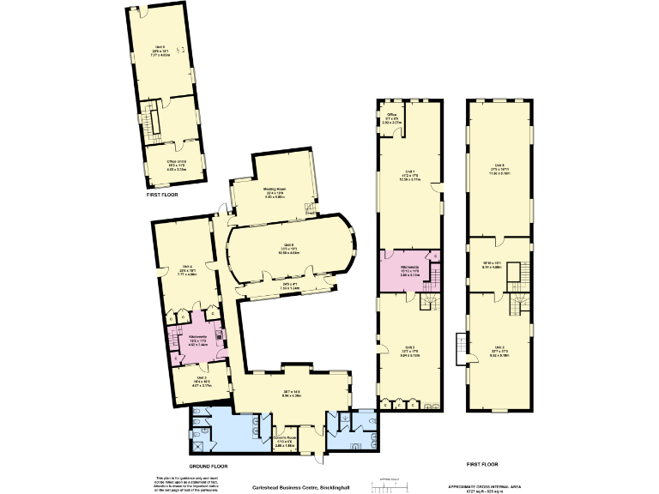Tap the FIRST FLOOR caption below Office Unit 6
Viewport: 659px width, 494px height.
(161, 196)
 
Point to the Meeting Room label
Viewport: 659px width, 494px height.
(274, 195)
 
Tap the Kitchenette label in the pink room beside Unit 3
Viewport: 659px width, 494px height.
(198, 339)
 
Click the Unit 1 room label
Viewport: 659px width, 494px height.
(409, 176)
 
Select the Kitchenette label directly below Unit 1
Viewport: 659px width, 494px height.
(408, 268)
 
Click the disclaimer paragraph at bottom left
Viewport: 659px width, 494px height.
(181, 484)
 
